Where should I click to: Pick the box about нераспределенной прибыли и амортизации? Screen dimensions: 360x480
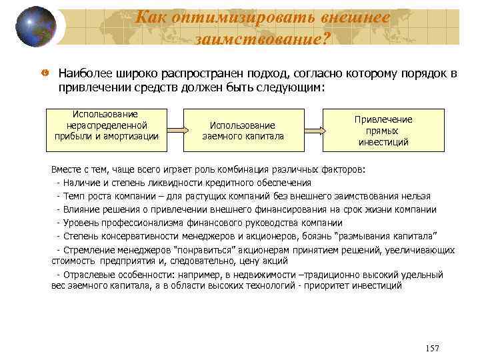pos(107,125)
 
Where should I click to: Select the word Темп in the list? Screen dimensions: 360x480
pos(75,196)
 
